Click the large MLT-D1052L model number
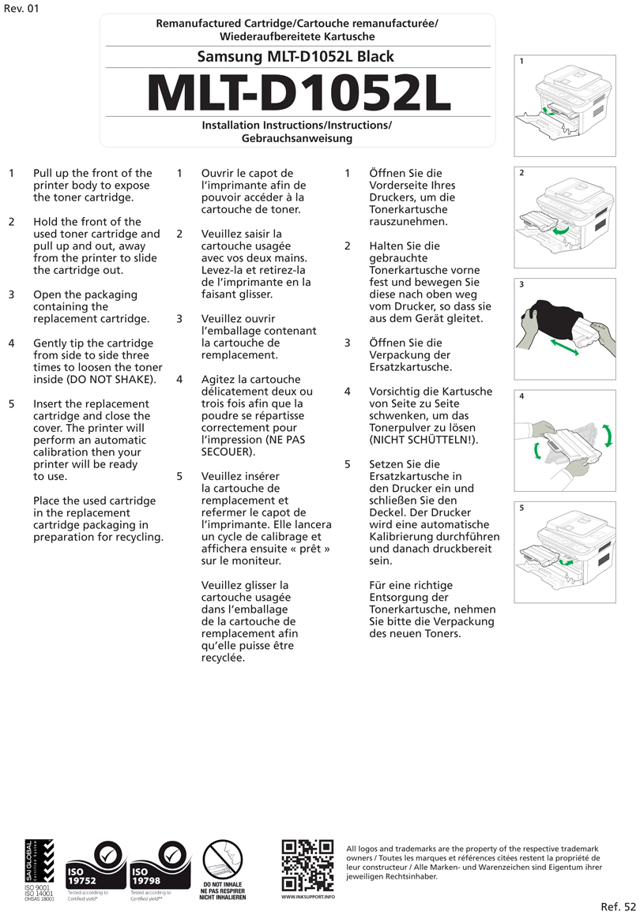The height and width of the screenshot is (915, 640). tap(298, 92)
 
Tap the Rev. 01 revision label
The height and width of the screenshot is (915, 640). tap(21, 9)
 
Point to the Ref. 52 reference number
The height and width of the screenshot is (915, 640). tap(617, 906)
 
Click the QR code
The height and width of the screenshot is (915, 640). tap(307, 865)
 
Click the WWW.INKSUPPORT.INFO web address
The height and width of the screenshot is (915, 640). tap(307, 897)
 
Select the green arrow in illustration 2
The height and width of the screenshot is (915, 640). tap(561, 231)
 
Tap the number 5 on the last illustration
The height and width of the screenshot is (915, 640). tap(521, 508)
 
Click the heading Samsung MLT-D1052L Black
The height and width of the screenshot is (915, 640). tap(296, 57)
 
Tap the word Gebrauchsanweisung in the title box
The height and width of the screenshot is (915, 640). tap(297, 138)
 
